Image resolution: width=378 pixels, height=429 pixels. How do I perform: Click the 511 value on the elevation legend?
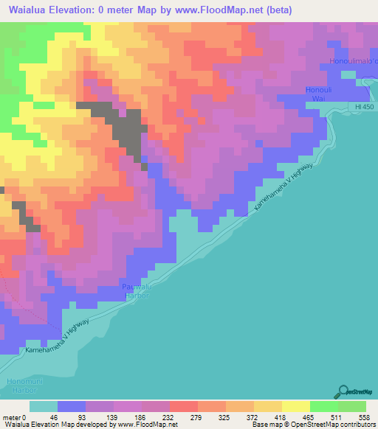(x=338, y=417)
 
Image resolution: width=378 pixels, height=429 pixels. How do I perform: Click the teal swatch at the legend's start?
(x=44, y=406)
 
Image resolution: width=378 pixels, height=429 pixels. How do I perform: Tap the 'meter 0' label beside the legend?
(x=13, y=417)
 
